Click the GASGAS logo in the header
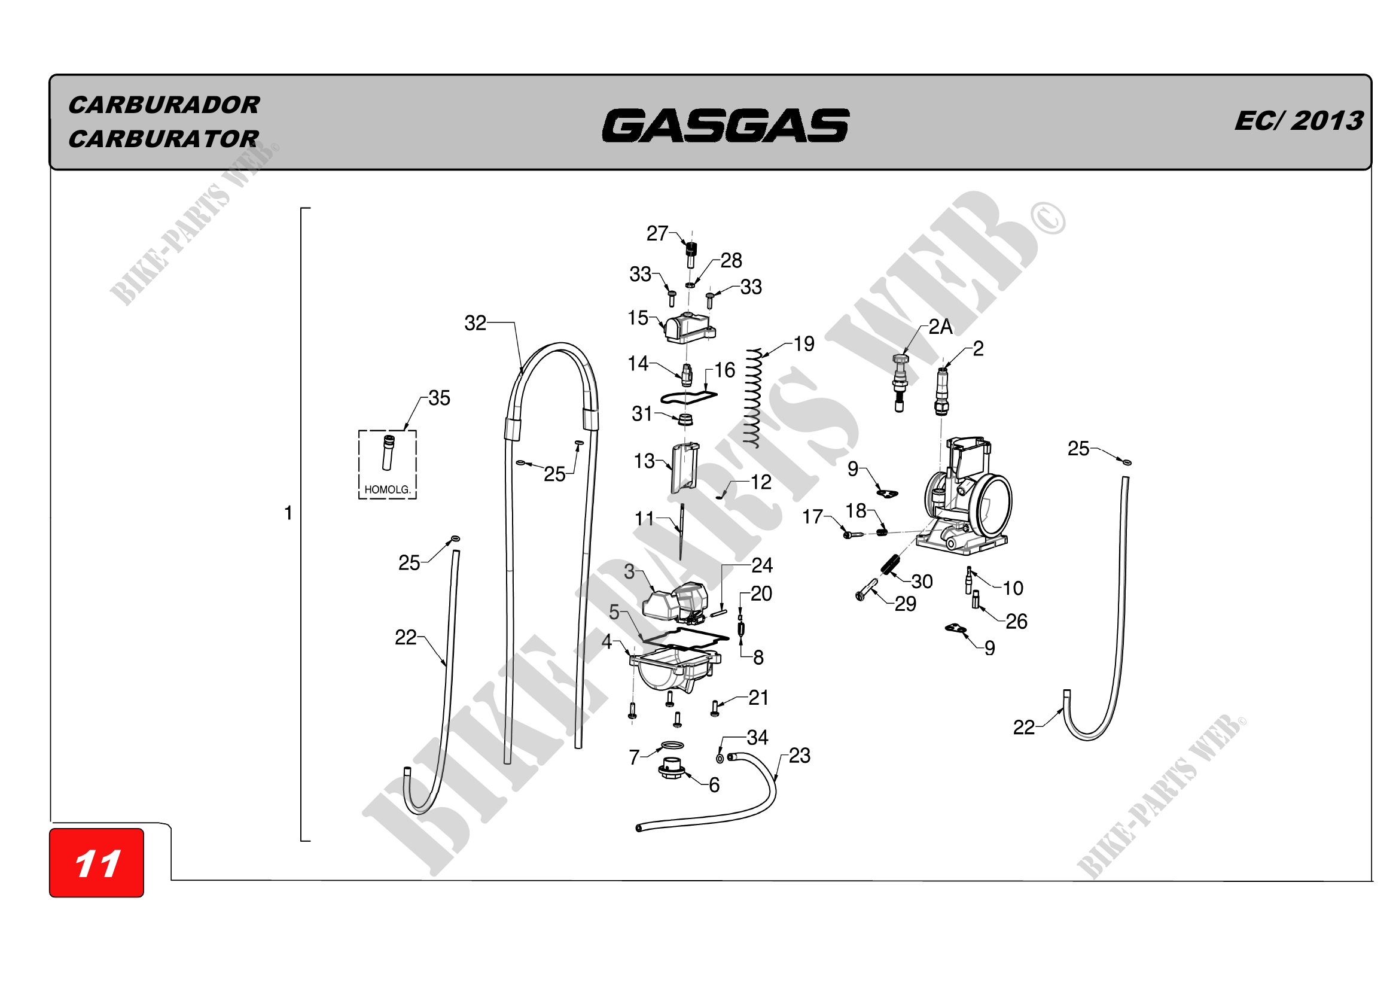(725, 126)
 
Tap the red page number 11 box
(96, 863)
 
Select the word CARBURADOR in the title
(164, 105)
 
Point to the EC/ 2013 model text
(1299, 121)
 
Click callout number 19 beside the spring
(804, 344)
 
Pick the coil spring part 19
(754, 399)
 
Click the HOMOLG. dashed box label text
(388, 489)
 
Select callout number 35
(438, 398)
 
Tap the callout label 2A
(940, 327)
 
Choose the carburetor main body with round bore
(969, 500)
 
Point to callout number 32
(476, 323)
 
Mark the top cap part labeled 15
(689, 328)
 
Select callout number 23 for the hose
(800, 756)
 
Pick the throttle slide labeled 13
(684, 468)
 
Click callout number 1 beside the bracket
(288, 513)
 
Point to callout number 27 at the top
(657, 233)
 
